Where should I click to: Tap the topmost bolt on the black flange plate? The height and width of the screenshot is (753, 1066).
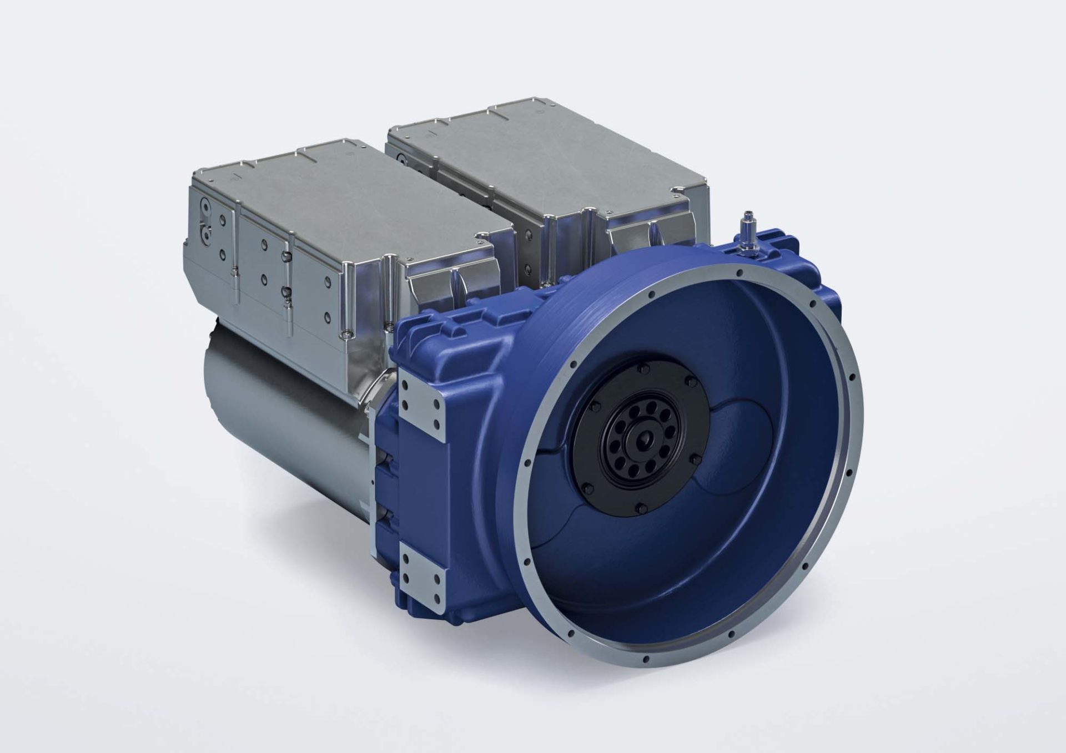643,368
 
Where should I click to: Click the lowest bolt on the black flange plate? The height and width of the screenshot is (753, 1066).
636,506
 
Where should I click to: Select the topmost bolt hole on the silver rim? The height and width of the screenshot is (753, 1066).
738,272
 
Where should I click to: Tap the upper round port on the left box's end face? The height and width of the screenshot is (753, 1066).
206,206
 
